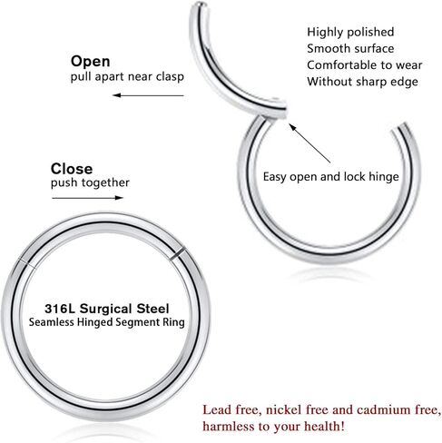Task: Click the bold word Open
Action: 90,62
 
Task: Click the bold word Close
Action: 72,169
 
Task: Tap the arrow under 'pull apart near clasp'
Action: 148,95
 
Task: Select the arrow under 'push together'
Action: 88,198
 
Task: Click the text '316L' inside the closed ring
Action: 60,309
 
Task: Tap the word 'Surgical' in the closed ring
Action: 105,309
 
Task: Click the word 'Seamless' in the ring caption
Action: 52,322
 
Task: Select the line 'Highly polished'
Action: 350,32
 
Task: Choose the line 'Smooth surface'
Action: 350,48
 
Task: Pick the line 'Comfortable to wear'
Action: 365,65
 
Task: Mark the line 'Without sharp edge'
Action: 363,82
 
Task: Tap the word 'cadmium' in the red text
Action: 383,409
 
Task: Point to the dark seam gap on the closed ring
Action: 176,253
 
